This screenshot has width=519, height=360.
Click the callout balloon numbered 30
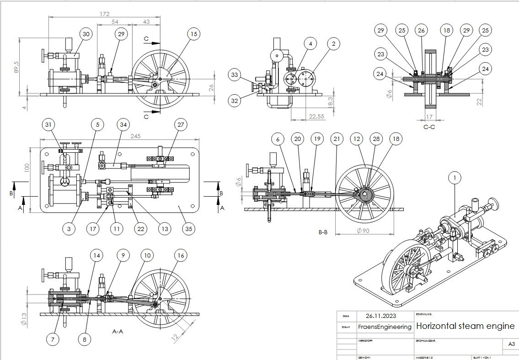click(x=86, y=34)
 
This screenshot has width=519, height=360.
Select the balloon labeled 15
click(x=193, y=34)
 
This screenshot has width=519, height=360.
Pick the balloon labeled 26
click(x=421, y=30)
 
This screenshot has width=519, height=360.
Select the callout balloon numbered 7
click(x=53, y=339)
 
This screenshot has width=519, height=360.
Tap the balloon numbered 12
click(x=356, y=139)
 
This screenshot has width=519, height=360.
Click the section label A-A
click(x=118, y=330)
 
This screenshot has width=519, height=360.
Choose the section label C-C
click(x=429, y=127)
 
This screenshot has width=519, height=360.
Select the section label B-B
click(x=323, y=232)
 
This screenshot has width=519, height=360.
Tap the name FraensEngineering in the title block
click(x=385, y=327)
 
